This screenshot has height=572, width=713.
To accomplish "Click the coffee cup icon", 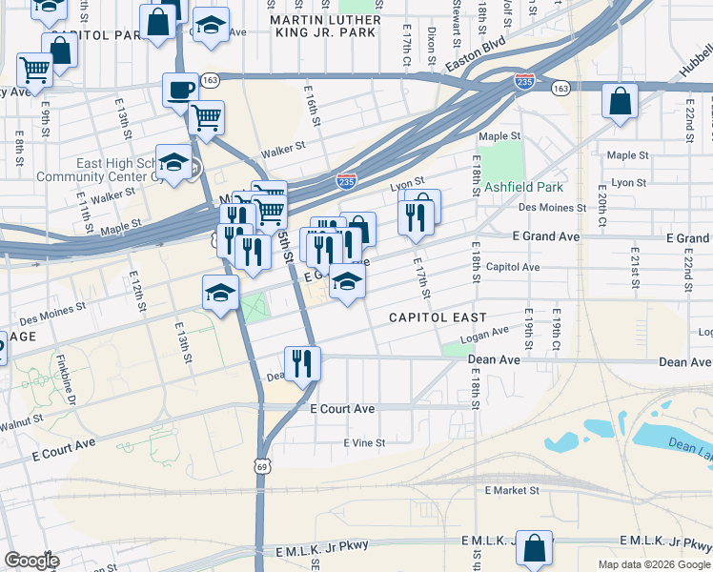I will (180, 90).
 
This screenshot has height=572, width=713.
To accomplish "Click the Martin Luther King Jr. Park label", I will (326, 26).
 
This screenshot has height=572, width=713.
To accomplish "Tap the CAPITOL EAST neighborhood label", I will (438, 317).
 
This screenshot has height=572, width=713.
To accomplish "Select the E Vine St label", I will (364, 442).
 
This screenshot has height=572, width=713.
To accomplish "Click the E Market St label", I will (512, 490).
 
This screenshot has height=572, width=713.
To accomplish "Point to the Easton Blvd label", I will (477, 57).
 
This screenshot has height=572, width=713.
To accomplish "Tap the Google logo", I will (31, 561).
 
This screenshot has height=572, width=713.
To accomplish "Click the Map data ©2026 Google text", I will (653, 564).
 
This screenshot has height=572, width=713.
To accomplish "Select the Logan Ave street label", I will (484, 335).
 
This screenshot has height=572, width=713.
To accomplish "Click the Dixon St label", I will (432, 41).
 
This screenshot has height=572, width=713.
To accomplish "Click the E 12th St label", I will (140, 290).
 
